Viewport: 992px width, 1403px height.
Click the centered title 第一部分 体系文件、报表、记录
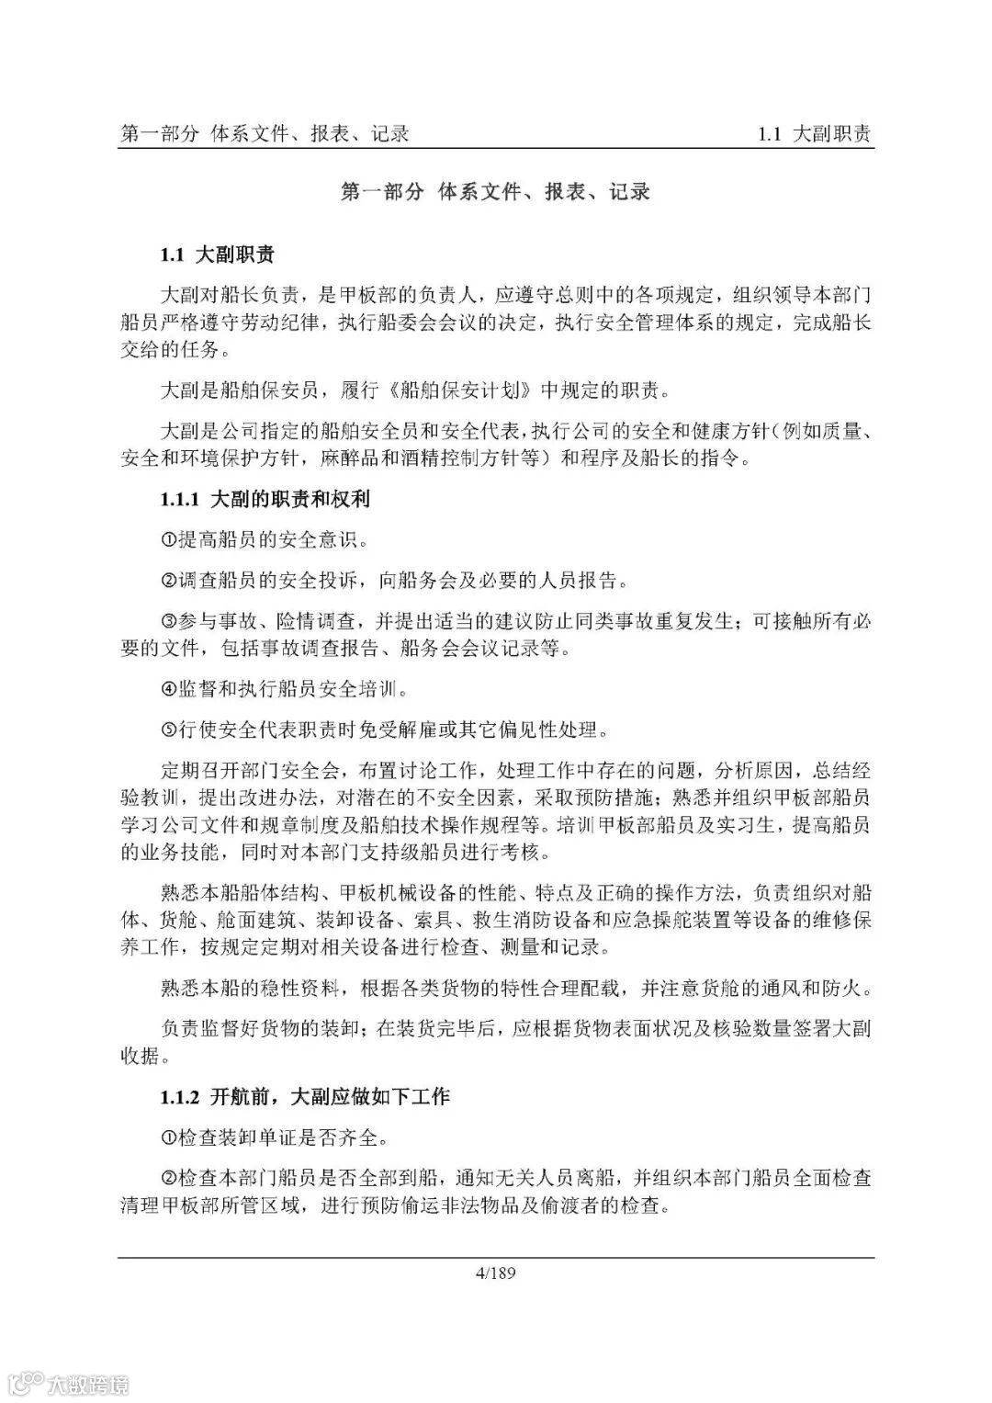point(496,192)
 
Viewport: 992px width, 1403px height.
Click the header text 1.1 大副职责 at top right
point(814,134)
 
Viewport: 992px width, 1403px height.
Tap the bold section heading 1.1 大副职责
point(218,255)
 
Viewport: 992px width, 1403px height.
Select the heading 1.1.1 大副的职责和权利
point(265,500)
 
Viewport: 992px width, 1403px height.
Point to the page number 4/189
point(496,1273)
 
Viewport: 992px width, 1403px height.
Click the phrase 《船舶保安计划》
point(460,390)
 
